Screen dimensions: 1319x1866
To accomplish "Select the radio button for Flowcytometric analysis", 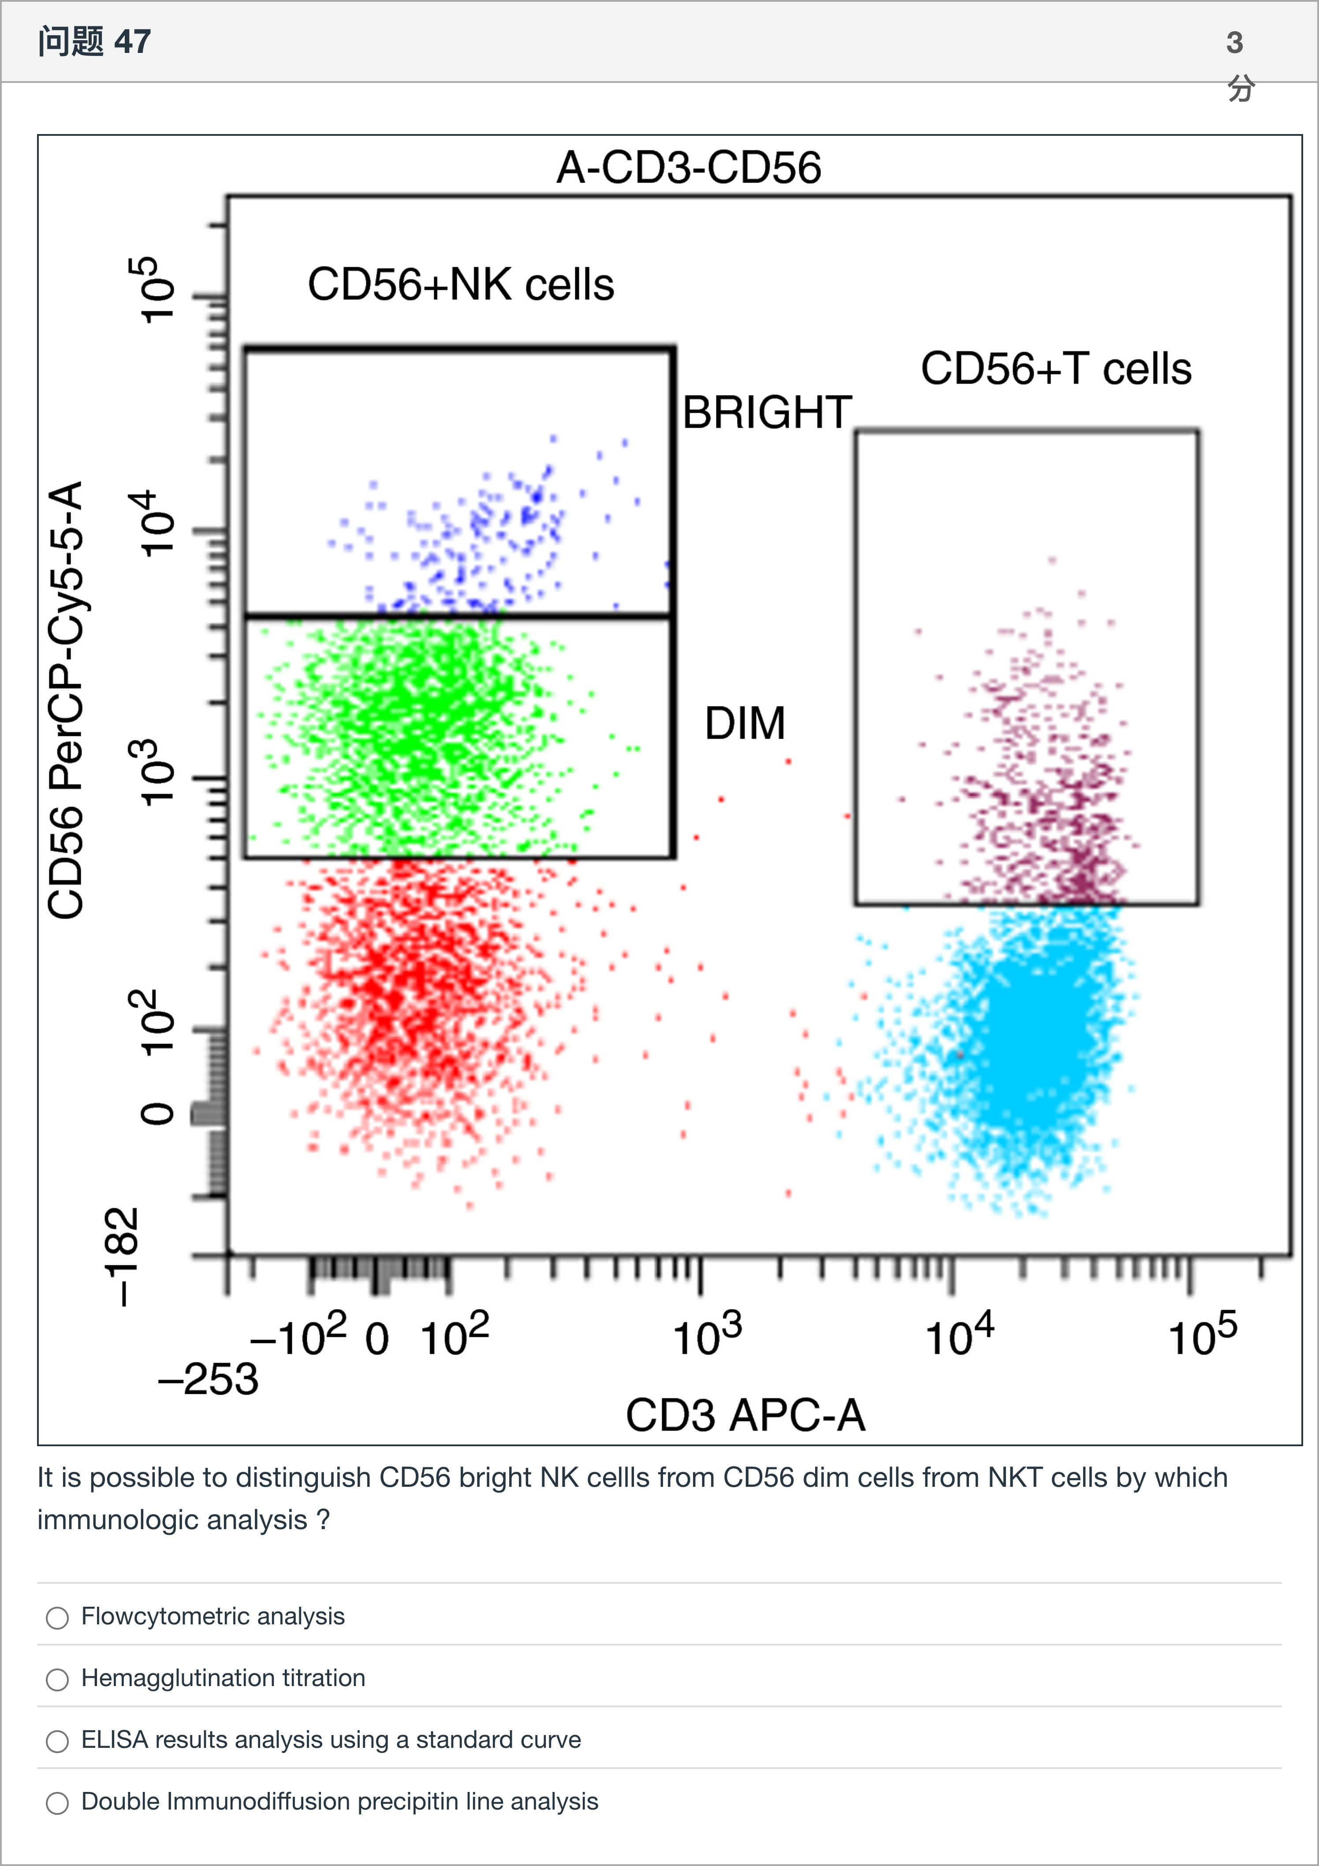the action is coord(57,1617).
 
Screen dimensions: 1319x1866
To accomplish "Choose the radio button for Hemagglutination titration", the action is coord(57,1679).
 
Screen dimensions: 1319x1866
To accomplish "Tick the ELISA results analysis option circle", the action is coord(57,1741).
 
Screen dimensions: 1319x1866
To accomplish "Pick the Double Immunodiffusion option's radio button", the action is coord(57,1803).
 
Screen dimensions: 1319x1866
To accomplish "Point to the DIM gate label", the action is coord(745,723).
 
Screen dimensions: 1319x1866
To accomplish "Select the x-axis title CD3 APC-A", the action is coord(745,1415).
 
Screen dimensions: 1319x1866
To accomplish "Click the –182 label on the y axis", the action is coord(123,1257).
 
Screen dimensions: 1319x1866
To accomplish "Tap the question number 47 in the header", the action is coord(132,41).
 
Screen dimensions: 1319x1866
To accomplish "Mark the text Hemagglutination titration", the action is coord(224,1678).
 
